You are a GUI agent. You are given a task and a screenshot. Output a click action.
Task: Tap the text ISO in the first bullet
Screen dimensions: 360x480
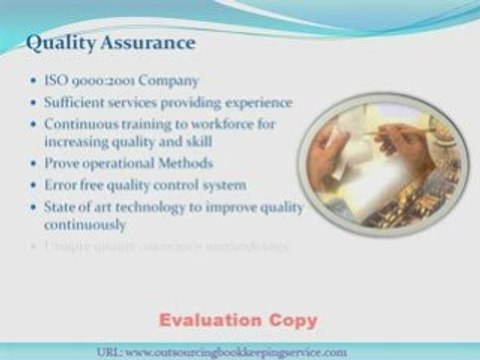point(56,81)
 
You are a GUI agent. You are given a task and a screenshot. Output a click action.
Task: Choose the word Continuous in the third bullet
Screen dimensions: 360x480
point(81,123)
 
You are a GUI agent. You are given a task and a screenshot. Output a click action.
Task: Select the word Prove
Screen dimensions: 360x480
point(61,164)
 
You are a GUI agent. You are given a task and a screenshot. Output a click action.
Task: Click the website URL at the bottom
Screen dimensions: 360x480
point(236,351)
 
